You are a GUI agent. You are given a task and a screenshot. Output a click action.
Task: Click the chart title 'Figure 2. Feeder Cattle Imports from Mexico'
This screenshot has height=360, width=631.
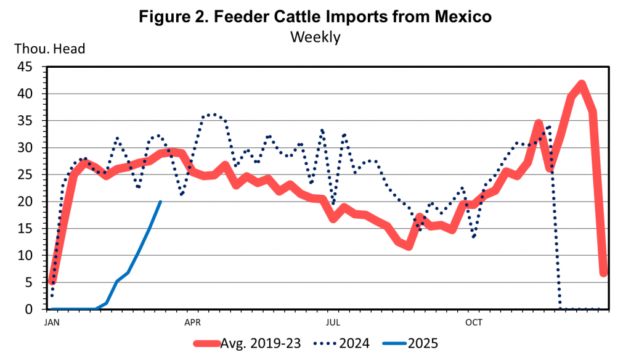tap(315, 17)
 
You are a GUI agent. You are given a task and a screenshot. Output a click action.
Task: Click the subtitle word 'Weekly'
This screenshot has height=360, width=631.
tap(315, 37)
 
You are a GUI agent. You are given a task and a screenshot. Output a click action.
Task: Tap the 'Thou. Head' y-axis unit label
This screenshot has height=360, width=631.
tap(49, 47)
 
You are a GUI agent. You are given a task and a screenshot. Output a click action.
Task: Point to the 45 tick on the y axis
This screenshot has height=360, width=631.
tap(29, 67)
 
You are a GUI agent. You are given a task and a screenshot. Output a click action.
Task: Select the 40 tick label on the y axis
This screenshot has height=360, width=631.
tap(29, 94)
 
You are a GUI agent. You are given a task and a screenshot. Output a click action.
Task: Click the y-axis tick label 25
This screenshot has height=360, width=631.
tap(29, 175)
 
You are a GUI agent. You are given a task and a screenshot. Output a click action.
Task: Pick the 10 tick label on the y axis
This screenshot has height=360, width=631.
tap(29, 256)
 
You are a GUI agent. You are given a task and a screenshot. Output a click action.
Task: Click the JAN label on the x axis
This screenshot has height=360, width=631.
tap(52, 322)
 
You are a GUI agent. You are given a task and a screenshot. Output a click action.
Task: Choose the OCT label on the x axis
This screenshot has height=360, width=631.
tap(473, 322)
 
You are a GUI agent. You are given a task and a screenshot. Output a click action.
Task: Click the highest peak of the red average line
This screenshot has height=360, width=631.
tap(581, 84)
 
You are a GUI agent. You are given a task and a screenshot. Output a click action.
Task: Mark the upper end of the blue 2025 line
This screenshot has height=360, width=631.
tap(161, 202)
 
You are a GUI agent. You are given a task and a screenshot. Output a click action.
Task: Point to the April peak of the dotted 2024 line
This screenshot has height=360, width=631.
tap(213, 115)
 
